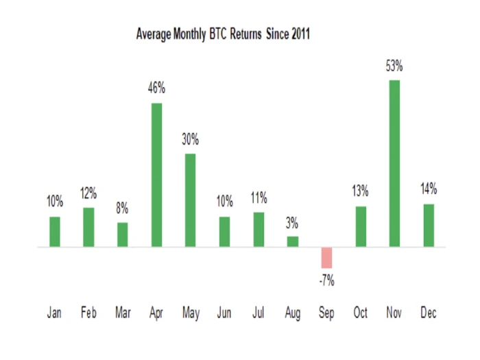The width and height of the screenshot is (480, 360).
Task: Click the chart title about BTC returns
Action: click(224, 34)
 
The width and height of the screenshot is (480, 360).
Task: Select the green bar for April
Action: click(156, 175)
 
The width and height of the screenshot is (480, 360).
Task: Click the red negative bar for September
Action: click(326, 257)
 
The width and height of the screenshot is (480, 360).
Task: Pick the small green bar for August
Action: click(293, 241)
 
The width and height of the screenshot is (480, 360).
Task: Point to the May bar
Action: click(191, 200)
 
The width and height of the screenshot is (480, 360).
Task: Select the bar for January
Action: click(55, 232)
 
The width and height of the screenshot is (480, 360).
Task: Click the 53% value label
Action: click(394, 67)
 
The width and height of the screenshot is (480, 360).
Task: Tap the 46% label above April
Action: click(156, 88)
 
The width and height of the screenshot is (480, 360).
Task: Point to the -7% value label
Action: click(326, 280)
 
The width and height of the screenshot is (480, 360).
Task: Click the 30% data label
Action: click(191, 139)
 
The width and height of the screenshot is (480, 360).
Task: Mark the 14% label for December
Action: click(429, 189)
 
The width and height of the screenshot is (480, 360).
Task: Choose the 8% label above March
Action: click(123, 208)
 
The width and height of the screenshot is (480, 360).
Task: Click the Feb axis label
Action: click(88, 313)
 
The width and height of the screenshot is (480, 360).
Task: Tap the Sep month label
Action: click(326, 313)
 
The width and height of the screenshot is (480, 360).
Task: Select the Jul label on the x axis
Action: click(259, 313)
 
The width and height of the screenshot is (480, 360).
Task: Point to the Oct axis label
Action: click(361, 313)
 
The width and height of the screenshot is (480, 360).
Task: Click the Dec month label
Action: click(429, 313)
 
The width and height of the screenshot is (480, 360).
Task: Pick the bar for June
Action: click(225, 232)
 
